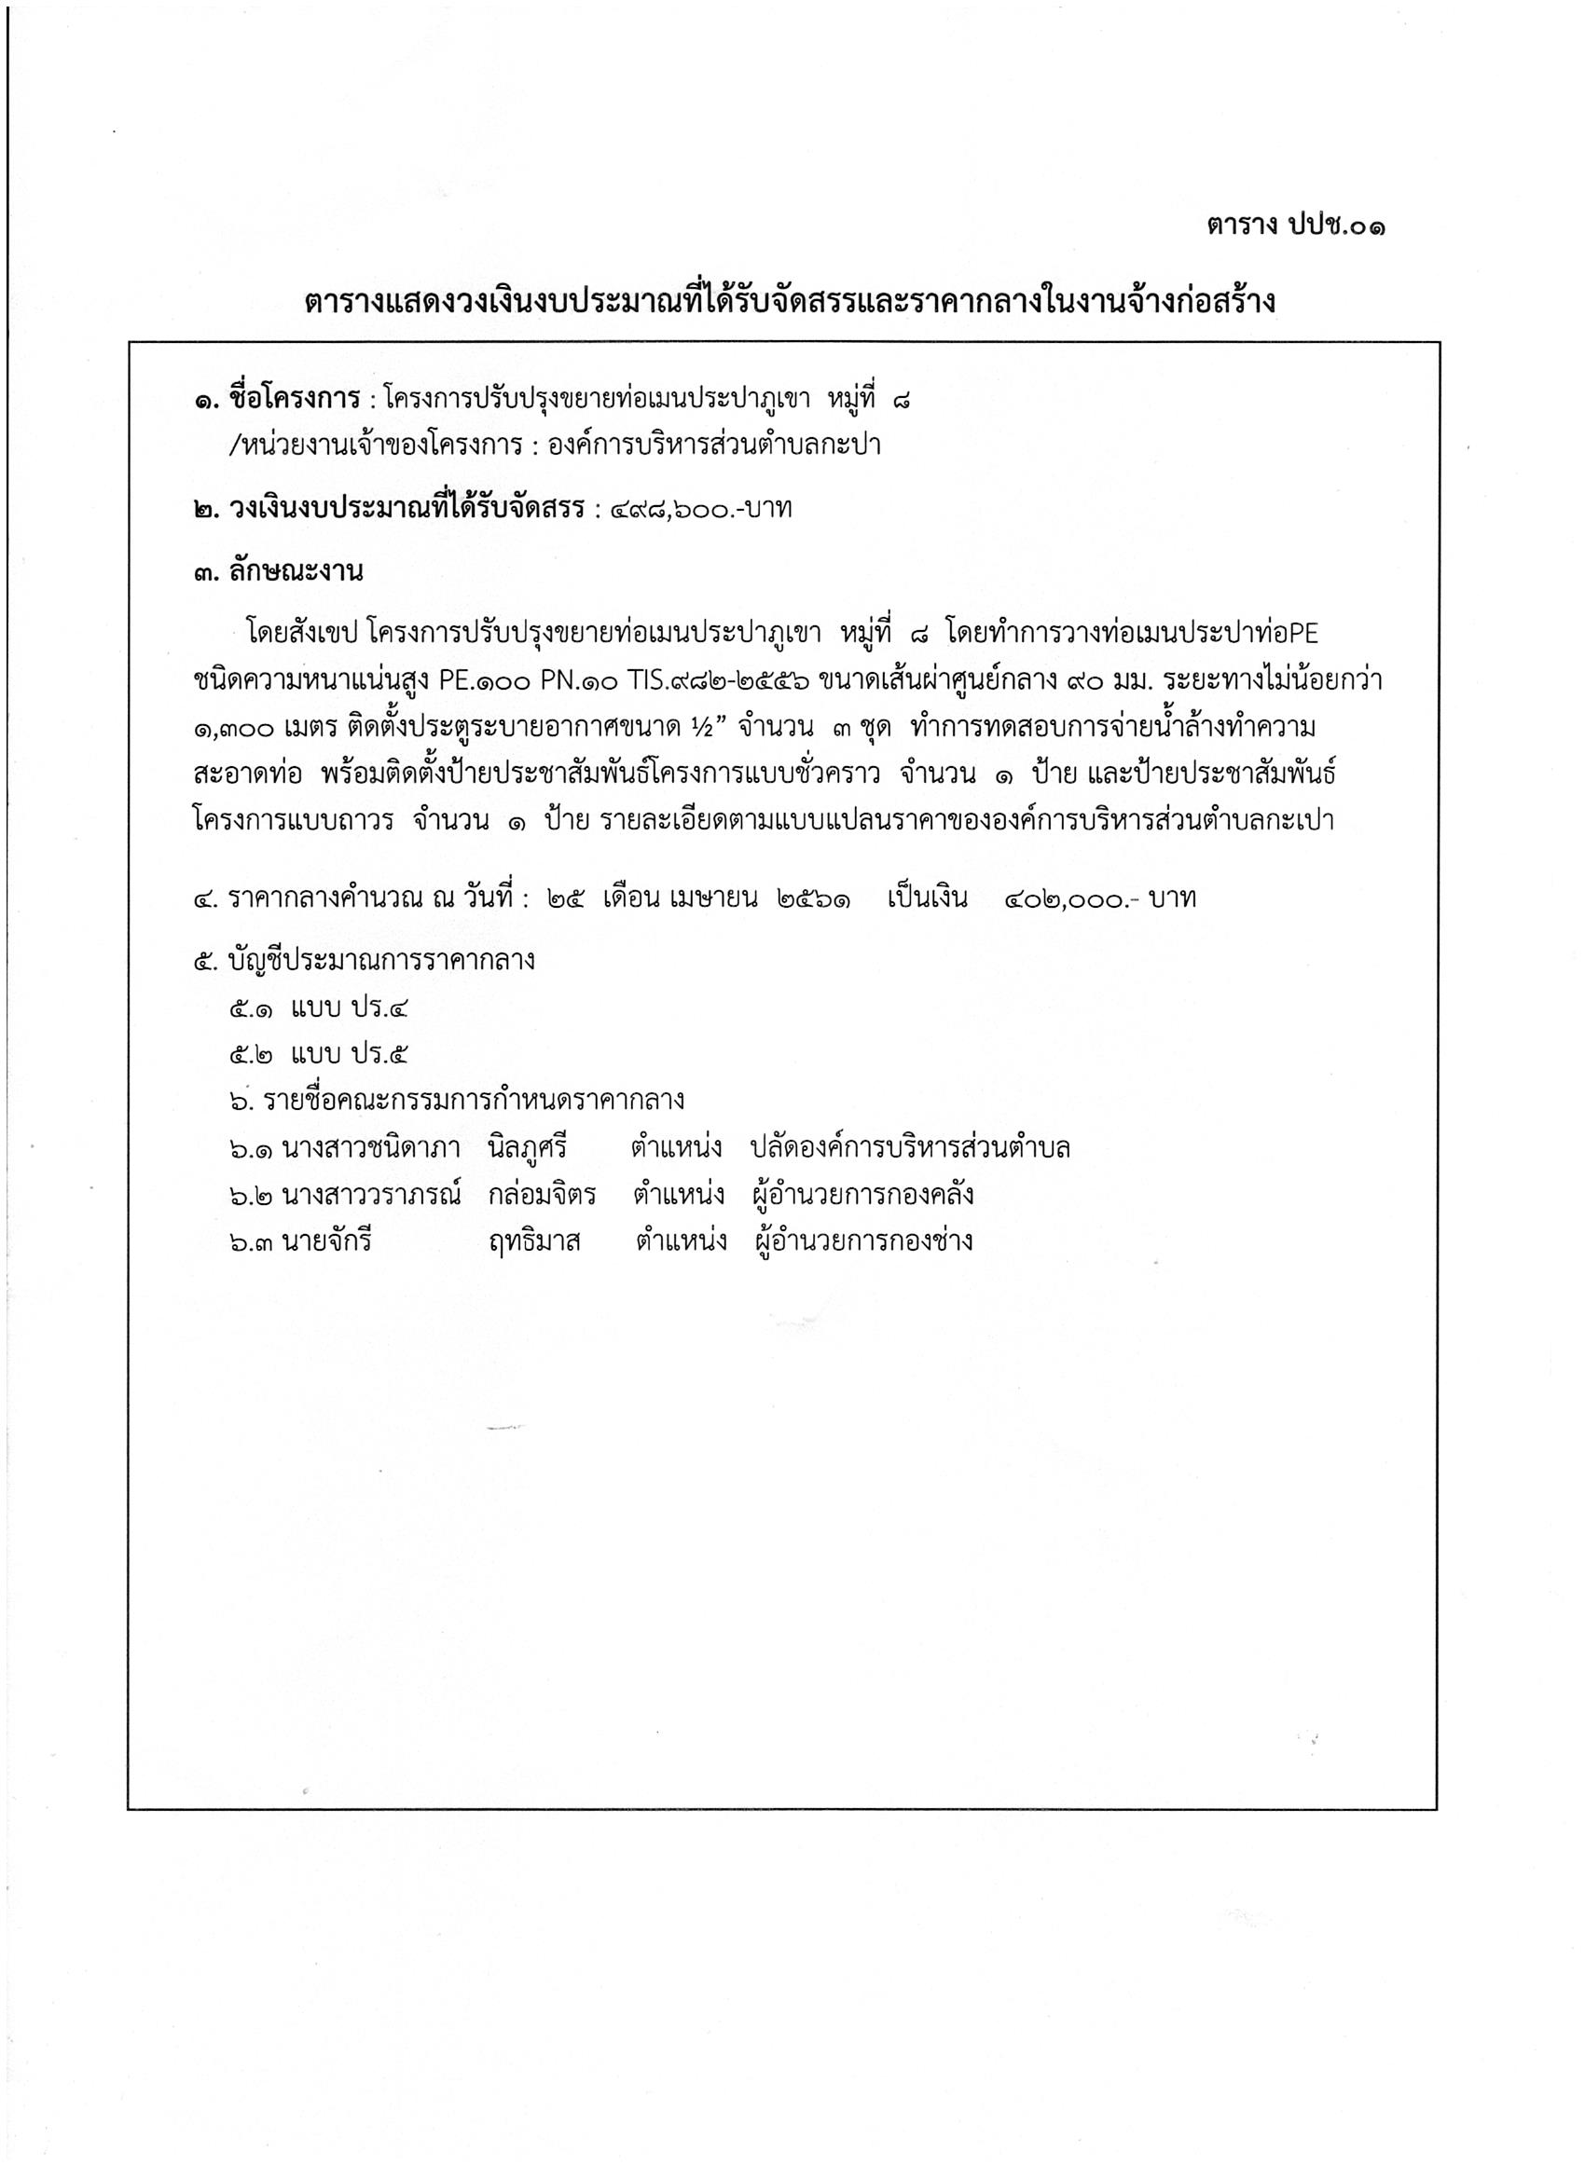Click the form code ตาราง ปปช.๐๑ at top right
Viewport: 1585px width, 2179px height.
(1297, 226)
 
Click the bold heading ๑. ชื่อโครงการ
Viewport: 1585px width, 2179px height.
(277, 399)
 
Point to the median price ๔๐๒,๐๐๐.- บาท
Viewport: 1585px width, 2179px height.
(1099, 899)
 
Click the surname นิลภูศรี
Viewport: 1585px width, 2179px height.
(528, 1148)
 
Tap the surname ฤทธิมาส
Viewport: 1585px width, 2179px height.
(534, 1241)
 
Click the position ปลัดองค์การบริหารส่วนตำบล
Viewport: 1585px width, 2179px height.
(911, 1148)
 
